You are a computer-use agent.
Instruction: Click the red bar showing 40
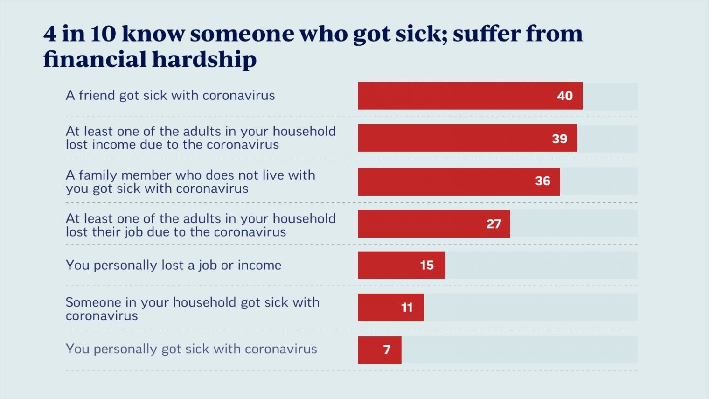[x=470, y=96]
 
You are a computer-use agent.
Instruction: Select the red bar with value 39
[x=467, y=138]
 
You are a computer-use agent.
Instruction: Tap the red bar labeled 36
[x=459, y=182]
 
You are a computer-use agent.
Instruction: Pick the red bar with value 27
[x=434, y=224]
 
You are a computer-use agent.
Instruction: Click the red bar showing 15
[x=401, y=265]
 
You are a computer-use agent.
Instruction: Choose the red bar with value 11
[x=391, y=307]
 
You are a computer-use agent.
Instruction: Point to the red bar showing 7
[x=380, y=350]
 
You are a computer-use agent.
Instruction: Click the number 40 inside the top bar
[x=565, y=96]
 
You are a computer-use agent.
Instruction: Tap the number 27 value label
[x=494, y=224]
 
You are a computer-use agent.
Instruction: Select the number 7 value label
[x=387, y=350]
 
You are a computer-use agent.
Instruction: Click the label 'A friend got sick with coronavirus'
[x=170, y=95]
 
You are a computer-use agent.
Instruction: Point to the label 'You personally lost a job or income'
[x=174, y=265]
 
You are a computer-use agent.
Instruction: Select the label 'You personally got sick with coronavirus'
[x=191, y=349]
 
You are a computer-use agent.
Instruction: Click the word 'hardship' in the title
[x=204, y=59]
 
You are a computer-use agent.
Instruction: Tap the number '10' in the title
[x=103, y=33]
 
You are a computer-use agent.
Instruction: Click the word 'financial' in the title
[x=95, y=59]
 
